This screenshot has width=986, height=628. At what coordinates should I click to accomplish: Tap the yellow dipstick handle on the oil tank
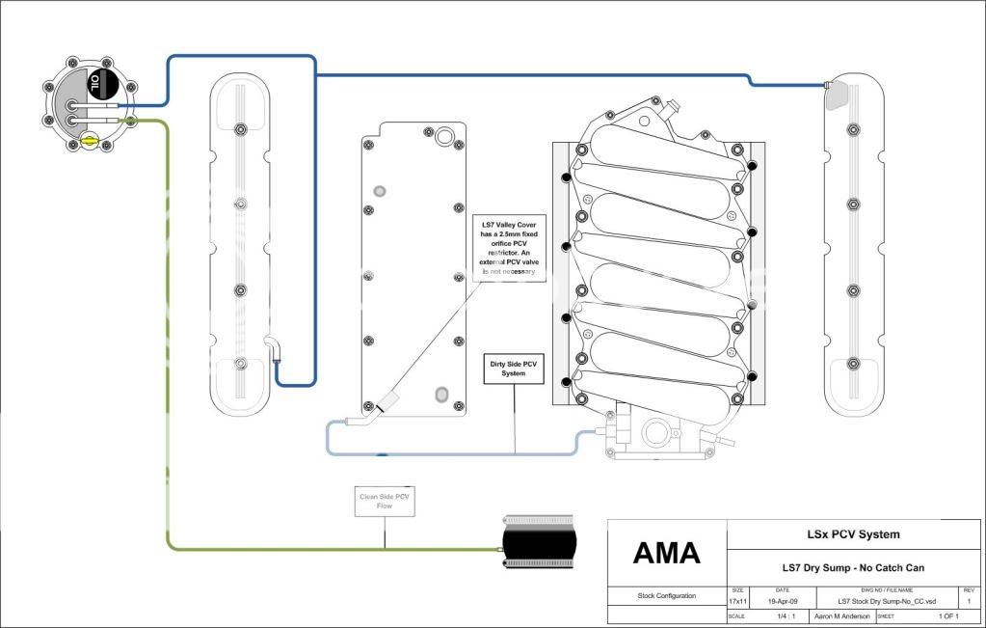[90, 141]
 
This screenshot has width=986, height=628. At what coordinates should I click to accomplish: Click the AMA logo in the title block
[666, 553]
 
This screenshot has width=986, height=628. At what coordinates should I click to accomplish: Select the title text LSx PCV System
[852, 534]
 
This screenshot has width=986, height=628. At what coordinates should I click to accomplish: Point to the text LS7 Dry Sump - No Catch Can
[852, 567]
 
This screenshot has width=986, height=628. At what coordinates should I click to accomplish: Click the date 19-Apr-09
[782, 601]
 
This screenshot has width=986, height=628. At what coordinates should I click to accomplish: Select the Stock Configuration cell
[666, 596]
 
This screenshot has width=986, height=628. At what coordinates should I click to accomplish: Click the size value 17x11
[737, 601]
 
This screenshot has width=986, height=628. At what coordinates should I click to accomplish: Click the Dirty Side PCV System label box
[514, 368]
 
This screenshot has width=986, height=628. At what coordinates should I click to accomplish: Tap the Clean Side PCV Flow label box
[385, 502]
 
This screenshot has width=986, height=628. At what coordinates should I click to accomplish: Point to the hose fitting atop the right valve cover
[830, 87]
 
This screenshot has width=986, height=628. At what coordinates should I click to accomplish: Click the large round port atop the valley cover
[444, 136]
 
